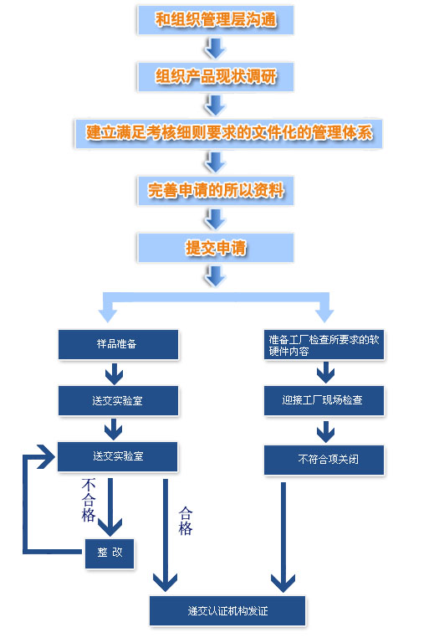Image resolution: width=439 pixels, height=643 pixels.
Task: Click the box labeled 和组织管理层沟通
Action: (216, 20)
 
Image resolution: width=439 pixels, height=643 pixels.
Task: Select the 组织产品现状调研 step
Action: (216, 77)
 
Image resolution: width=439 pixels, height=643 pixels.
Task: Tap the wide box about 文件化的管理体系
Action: (228, 134)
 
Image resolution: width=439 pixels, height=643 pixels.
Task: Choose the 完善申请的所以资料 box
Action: (216, 191)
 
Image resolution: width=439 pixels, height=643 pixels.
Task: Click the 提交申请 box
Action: (216, 248)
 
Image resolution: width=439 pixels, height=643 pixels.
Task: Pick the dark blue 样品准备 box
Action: (119, 344)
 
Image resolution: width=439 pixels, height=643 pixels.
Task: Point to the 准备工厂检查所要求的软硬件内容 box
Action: (324, 344)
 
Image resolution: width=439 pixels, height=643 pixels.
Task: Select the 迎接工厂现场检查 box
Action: (324, 400)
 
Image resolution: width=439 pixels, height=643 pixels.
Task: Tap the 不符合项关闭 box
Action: (324, 460)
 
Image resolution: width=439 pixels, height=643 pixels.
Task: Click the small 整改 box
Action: (110, 553)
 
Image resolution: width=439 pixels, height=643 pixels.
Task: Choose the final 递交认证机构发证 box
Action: (227, 611)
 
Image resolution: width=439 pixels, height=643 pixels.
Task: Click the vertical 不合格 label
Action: (89, 500)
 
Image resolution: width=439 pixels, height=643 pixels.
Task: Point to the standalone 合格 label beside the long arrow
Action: (186, 521)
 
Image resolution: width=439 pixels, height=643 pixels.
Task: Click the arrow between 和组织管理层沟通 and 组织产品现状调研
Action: (215, 49)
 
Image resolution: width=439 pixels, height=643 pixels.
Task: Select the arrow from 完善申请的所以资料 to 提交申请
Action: (215, 219)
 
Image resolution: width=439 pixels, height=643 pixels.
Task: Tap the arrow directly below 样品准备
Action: (114, 373)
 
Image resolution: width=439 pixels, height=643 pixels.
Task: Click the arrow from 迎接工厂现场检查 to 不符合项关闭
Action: (325, 431)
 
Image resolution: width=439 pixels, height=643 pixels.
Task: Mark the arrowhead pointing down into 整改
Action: (110, 527)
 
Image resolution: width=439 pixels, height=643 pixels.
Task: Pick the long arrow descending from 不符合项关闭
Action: (283, 538)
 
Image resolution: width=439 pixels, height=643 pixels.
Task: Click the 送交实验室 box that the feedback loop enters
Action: (118, 456)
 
